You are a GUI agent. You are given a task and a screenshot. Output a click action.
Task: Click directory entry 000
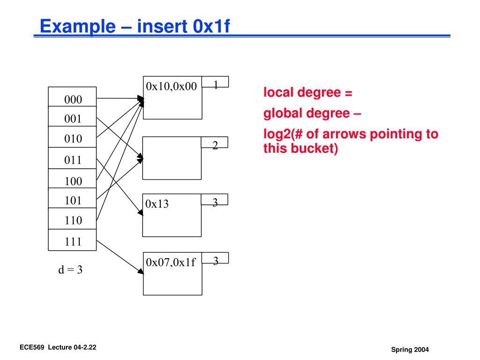73,99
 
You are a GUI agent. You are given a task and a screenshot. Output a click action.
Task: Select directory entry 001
73,119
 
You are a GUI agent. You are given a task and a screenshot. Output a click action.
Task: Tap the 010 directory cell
73,139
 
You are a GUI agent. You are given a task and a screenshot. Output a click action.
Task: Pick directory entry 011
73,160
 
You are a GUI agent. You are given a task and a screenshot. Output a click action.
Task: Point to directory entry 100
73,181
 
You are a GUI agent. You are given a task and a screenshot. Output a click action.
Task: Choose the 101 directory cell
73,201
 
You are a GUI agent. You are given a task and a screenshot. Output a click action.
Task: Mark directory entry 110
73,220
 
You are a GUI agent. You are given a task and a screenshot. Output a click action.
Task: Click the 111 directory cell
73,242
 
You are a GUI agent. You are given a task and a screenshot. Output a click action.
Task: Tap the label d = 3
70,270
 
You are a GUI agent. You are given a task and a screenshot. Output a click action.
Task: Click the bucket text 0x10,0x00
171,86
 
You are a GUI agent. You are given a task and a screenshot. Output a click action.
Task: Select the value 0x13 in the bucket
157,204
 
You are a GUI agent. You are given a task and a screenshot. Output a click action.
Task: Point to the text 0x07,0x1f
171,262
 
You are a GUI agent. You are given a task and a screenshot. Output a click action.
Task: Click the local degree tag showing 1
216,85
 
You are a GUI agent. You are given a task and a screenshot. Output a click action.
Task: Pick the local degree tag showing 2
215,145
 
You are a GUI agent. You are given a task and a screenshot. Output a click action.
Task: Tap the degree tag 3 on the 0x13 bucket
215,202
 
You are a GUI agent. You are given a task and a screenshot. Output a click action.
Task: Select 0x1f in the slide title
211,26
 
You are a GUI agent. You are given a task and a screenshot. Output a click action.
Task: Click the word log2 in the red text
277,135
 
